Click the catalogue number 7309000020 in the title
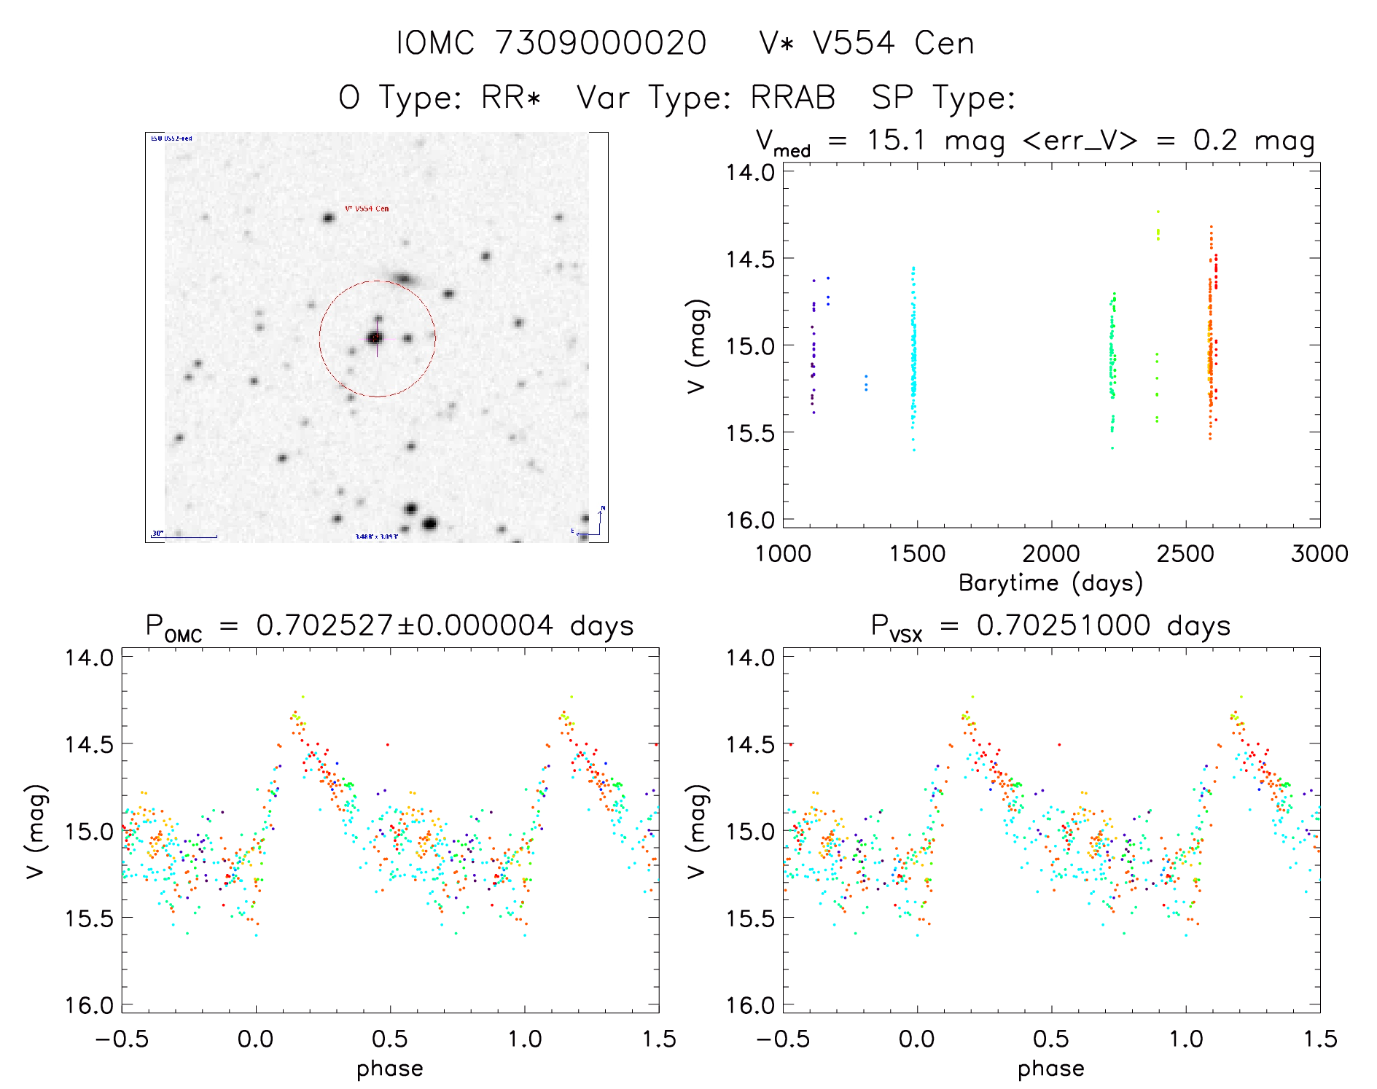pyautogui.click(x=601, y=43)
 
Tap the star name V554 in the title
pyautogui.click(x=854, y=43)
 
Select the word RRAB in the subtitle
pyautogui.click(x=793, y=98)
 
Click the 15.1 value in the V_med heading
pyautogui.click(x=896, y=140)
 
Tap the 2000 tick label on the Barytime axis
pyautogui.click(x=1051, y=554)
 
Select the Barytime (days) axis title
pyautogui.click(x=1050, y=583)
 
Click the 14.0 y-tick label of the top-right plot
pyautogui.click(x=750, y=173)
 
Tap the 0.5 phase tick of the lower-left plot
pyautogui.click(x=390, y=1039)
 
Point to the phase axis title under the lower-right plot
pyautogui.click(x=1050, y=1069)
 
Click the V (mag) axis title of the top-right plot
pyautogui.click(x=697, y=346)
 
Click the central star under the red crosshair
pyautogui.click(x=375, y=337)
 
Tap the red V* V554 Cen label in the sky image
pyautogui.click(x=367, y=208)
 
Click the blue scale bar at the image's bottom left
pyautogui.click(x=185, y=536)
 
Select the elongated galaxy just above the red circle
pyautogui.click(x=404, y=278)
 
